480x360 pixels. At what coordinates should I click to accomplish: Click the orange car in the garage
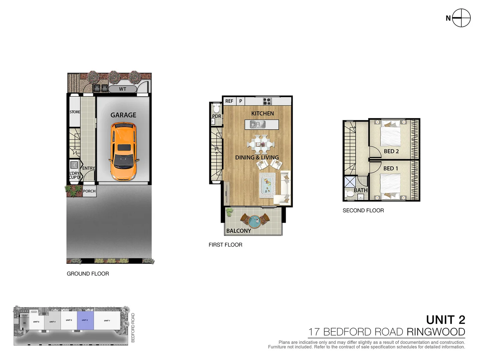pyautogui.click(x=123, y=152)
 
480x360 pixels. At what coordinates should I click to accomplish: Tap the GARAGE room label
pyautogui.click(x=123, y=115)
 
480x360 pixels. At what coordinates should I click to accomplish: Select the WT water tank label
pyautogui.click(x=122, y=89)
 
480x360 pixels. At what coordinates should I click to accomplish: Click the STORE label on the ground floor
pyautogui.click(x=75, y=112)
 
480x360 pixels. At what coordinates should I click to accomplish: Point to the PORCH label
pyautogui.click(x=89, y=191)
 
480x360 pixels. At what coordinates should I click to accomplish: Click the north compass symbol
pyautogui.click(x=461, y=18)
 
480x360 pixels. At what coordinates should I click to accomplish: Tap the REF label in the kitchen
pyautogui.click(x=229, y=101)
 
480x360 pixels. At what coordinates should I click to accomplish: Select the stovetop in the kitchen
pyautogui.click(x=267, y=101)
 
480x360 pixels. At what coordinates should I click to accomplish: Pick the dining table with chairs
pyautogui.click(x=261, y=144)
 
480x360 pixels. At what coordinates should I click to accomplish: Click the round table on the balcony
pyautogui.click(x=255, y=221)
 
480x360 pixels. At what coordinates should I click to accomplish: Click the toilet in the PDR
pyautogui.click(x=216, y=109)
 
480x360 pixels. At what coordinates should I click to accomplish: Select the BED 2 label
pyautogui.click(x=391, y=151)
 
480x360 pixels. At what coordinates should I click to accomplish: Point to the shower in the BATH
pyautogui.click(x=350, y=182)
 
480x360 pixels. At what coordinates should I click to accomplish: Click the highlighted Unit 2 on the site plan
pyautogui.click(x=85, y=321)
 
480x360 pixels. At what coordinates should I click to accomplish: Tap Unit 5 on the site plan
pyautogui.click(x=36, y=322)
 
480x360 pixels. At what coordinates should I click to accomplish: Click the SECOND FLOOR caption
pyautogui.click(x=363, y=210)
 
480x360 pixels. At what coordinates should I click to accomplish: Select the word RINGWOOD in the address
pyautogui.click(x=435, y=332)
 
